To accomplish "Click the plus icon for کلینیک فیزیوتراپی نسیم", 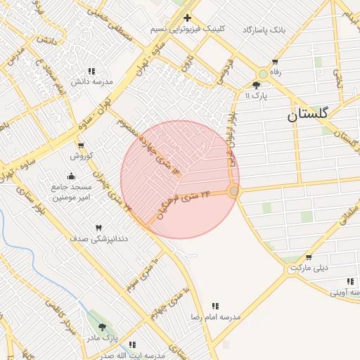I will pyautogui.click(x=187, y=18).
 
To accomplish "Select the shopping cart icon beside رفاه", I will pyautogui.click(x=274, y=62).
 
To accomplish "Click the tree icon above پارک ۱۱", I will pyautogui.click(x=255, y=84).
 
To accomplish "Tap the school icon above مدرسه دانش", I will pyautogui.click(x=91, y=71).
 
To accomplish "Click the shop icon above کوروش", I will pyautogui.click(x=82, y=146).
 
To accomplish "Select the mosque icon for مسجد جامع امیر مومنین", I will pyautogui.click(x=70, y=176).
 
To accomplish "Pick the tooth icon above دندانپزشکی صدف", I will pyautogui.click(x=98, y=228).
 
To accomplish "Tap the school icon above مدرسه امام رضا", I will pyautogui.click(x=216, y=306).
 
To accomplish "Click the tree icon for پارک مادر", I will pyautogui.click(x=103, y=328).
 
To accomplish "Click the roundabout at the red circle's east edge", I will pyautogui.click(x=234, y=191).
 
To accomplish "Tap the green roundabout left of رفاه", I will pyautogui.click(x=263, y=73).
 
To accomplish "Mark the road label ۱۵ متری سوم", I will pyautogui.click(x=141, y=274).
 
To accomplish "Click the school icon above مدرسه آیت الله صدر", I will pyautogui.click(x=132, y=345).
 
